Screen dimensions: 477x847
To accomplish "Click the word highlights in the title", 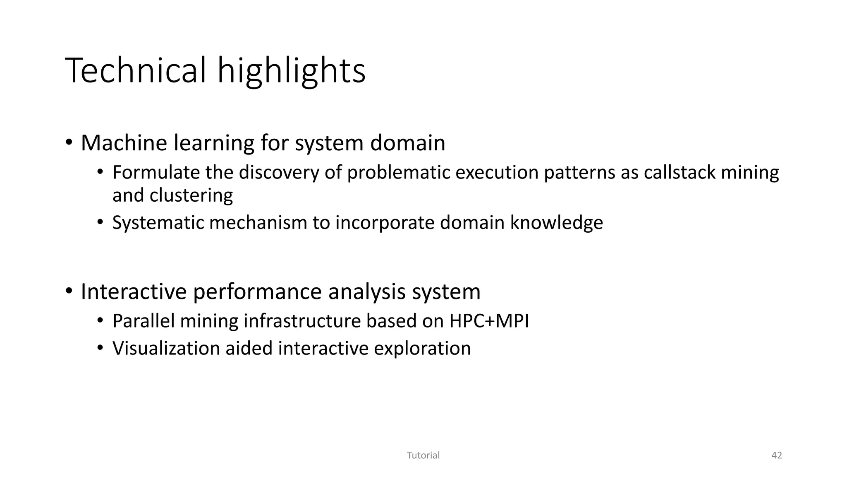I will pos(291,71).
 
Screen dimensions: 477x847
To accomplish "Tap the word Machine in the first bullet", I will pos(124,143).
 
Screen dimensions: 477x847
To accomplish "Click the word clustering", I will pos(191,195).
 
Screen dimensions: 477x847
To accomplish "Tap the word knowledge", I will pos(556,223).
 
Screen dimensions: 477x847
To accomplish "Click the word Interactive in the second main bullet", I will pos(134,291).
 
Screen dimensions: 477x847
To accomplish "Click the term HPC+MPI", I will pos(489,321).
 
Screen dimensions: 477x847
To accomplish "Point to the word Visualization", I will pos(166,348).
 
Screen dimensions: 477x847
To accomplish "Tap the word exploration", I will pos(422,348).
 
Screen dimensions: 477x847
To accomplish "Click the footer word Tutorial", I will pos(423,455).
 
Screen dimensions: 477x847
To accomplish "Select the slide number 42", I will pos(777,455).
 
